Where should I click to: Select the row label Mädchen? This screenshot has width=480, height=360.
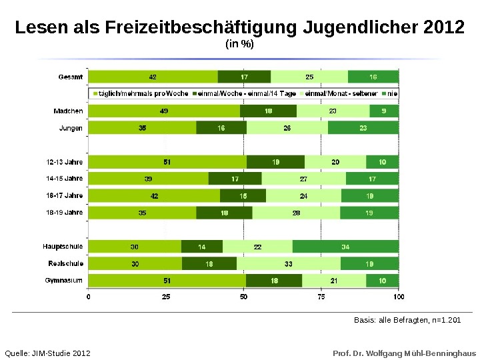pyautogui.click(x=69, y=111)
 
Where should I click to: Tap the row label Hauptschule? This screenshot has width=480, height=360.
pyautogui.click(x=63, y=247)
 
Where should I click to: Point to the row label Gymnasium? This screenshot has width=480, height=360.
pyautogui.click(x=64, y=281)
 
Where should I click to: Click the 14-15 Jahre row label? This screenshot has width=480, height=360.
pyautogui.click(x=65, y=179)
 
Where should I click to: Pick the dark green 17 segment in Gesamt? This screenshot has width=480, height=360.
pyautogui.click(x=245, y=77)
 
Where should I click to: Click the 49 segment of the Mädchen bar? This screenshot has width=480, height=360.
pyautogui.click(x=164, y=111)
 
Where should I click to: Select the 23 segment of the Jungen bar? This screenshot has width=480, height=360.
pyautogui.click(x=363, y=127)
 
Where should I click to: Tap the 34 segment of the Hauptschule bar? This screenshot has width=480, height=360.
pyautogui.click(x=345, y=247)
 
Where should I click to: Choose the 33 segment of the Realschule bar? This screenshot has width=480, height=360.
pyautogui.click(x=289, y=263)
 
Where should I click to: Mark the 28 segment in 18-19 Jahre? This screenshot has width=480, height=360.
pyautogui.click(x=296, y=213)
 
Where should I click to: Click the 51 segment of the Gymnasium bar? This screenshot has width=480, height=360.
pyautogui.click(x=167, y=281)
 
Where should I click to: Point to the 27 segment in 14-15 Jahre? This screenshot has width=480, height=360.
pyautogui.click(x=303, y=179)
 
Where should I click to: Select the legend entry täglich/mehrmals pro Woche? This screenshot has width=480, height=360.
pyautogui.click(x=141, y=94)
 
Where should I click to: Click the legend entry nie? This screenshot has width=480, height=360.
pyautogui.click(x=392, y=94)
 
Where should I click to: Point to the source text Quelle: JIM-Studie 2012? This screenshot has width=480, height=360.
pyautogui.click(x=47, y=352)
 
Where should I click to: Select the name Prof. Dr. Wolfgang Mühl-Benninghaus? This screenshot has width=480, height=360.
pyautogui.click(x=405, y=352)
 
